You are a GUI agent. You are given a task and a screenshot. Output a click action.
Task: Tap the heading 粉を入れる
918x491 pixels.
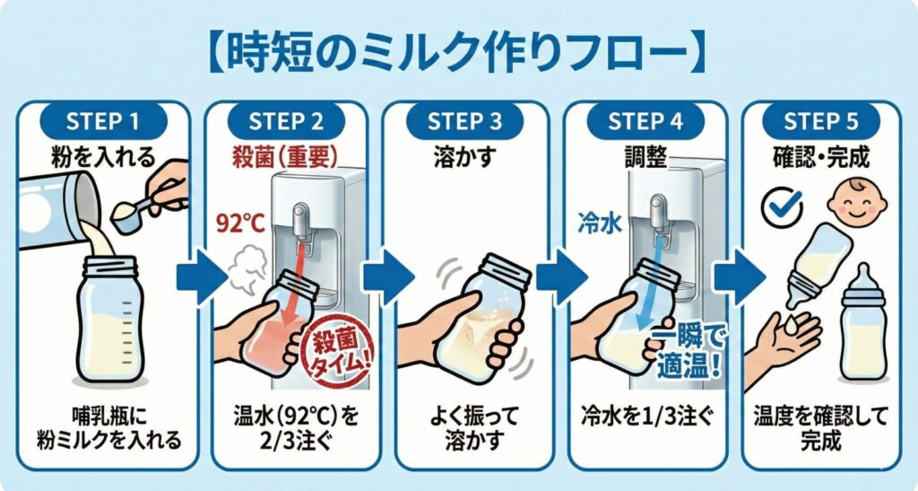click(x=104, y=156)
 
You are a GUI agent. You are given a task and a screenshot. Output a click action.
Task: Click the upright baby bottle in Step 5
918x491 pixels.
click(x=861, y=323)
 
